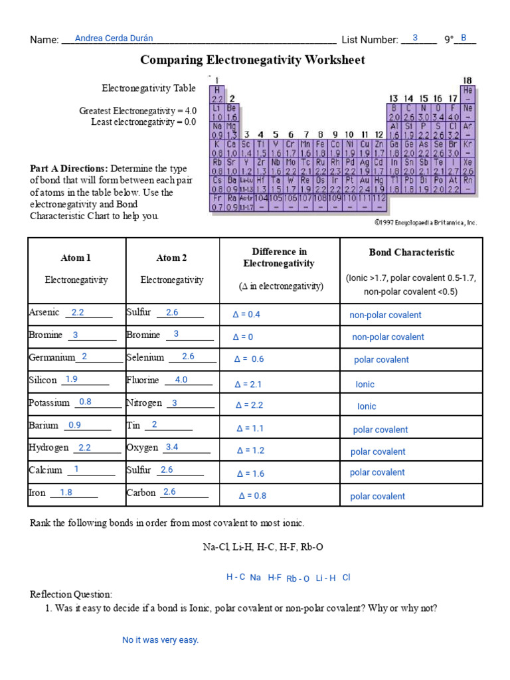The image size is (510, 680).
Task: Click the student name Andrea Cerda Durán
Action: pos(114,39)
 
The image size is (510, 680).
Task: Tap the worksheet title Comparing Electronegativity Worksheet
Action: pos(252,60)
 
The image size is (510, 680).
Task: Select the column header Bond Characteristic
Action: pos(412,252)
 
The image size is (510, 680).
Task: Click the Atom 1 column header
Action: pos(76,258)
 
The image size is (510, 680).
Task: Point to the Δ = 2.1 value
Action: pos(248,384)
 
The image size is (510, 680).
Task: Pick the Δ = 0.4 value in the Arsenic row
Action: pos(246,314)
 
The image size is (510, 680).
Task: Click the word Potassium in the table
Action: pos(49,402)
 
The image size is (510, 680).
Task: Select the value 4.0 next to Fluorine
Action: pos(181,380)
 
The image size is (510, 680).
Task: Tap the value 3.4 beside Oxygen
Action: pos(172,447)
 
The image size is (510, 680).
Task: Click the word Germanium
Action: pos(52,357)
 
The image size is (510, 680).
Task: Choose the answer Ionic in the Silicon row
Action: pos(365,384)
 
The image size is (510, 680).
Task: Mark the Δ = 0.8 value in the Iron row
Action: pos(252,495)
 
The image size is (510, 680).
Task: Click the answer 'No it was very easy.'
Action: pos(160,640)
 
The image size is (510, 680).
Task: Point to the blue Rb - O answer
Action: pos(297,578)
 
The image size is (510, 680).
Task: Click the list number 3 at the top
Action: pos(415,39)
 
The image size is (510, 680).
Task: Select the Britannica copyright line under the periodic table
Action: pos(425,222)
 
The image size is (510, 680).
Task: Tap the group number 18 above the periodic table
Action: pos(467,80)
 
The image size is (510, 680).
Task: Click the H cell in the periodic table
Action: pos(216,89)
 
